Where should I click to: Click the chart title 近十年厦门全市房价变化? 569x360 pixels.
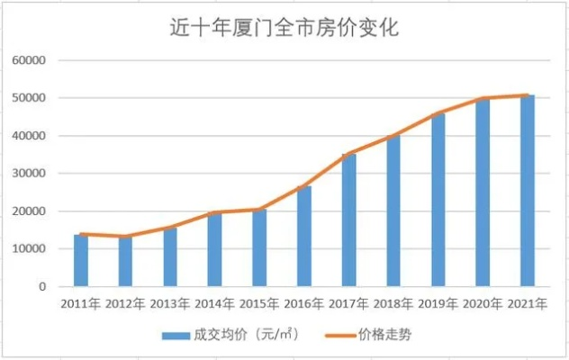(x=284, y=28)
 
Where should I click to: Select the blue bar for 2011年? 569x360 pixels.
(x=81, y=261)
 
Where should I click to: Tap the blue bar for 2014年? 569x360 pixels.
(x=215, y=250)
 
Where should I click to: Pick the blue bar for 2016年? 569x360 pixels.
(x=304, y=237)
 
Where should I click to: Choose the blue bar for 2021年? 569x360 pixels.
(x=528, y=191)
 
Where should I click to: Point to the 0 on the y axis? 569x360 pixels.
(x=41, y=287)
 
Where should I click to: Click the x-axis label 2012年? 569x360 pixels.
(x=125, y=304)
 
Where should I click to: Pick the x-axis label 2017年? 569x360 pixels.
(x=348, y=304)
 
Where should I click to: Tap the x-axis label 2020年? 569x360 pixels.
(x=483, y=304)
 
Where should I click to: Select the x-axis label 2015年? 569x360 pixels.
(x=259, y=304)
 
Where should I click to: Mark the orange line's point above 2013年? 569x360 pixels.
(x=170, y=227)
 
